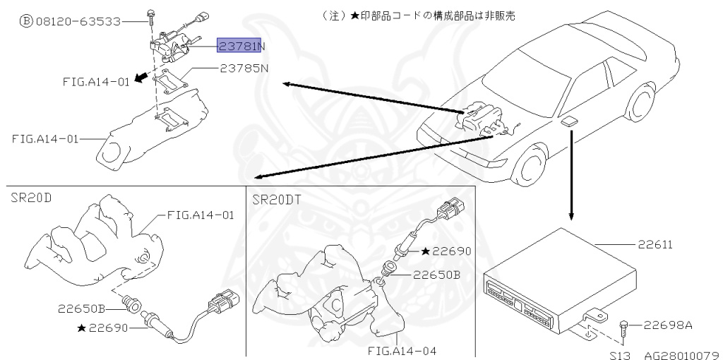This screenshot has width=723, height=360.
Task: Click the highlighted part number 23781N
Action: pyautogui.click(x=241, y=47)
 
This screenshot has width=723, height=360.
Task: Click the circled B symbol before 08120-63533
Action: pyautogui.click(x=25, y=21)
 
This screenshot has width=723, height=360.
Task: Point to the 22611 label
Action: pyautogui.click(x=655, y=245)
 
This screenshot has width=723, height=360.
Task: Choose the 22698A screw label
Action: pyautogui.click(x=668, y=325)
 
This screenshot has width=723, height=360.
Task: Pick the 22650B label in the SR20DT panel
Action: pyautogui.click(x=436, y=275)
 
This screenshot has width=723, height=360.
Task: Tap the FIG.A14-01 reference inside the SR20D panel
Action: pyautogui.click(x=200, y=215)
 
